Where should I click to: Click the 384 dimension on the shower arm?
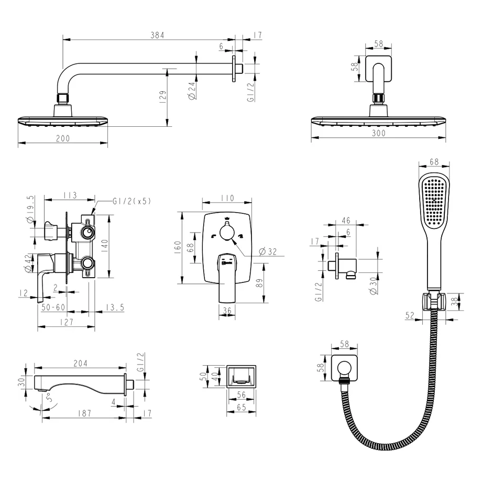(x=157, y=35)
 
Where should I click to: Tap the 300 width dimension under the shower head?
(x=378, y=133)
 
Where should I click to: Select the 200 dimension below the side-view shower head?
(x=63, y=138)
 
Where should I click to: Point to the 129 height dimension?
(x=163, y=96)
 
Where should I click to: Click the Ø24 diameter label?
(x=192, y=91)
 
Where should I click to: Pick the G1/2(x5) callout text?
(x=132, y=201)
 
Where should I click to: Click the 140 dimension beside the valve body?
(x=104, y=246)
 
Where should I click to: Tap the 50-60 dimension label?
(x=53, y=307)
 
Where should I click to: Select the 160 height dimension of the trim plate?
(x=178, y=247)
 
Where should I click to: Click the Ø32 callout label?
(x=268, y=252)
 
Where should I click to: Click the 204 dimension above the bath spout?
(x=80, y=364)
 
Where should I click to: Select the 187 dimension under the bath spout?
(x=84, y=413)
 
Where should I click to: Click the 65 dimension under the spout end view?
(x=242, y=407)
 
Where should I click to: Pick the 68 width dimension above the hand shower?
(x=434, y=162)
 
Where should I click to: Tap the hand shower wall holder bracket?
(x=433, y=301)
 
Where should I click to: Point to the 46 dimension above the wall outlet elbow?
(x=346, y=221)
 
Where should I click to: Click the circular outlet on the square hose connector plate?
(x=344, y=368)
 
